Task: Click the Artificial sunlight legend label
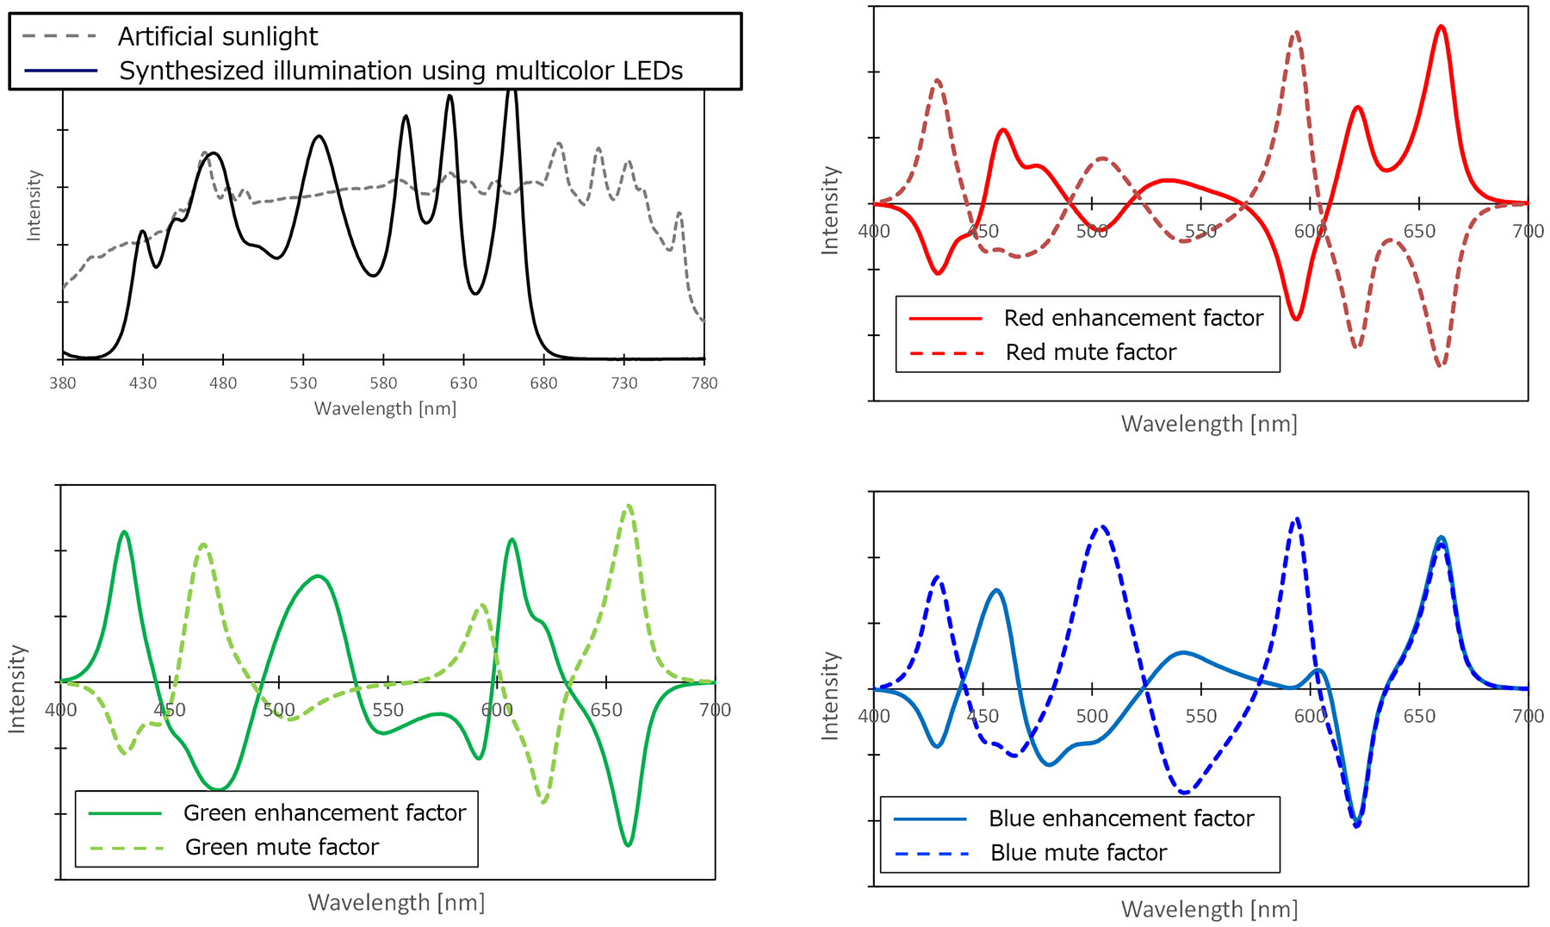pos(217,36)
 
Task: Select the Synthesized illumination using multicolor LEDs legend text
pos(400,71)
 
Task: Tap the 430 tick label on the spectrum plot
pos(143,383)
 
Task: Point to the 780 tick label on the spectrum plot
pos(704,383)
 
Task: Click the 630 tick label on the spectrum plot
pos(463,383)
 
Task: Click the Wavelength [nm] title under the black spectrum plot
pos(385,408)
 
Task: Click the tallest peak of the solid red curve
pos(1441,27)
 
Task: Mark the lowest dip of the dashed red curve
pos(1441,366)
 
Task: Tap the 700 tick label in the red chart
pos(1528,231)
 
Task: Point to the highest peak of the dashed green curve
pos(629,506)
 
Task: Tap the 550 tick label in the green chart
pos(387,710)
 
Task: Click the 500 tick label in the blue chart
pos(1092,716)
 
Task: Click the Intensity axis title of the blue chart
pos(830,695)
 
